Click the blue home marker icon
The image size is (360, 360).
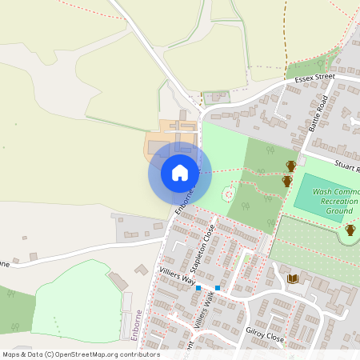(180, 173)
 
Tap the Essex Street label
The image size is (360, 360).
(314, 78)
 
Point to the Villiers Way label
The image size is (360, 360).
(177, 277)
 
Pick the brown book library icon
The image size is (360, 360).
(293, 278)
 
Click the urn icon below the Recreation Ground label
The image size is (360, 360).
(350, 230)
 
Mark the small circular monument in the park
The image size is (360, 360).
(228, 194)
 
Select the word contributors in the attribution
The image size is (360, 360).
(138, 354)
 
